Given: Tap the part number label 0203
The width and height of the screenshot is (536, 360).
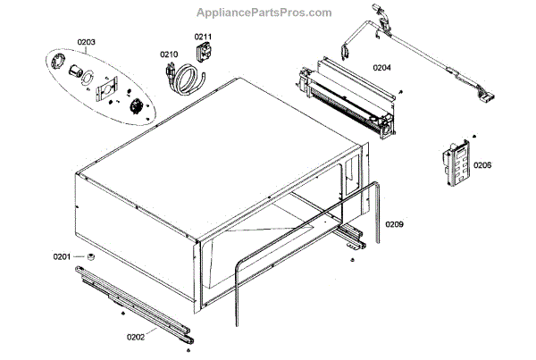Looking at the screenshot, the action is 86,41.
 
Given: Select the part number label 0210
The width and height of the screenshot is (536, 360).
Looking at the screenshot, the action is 169,54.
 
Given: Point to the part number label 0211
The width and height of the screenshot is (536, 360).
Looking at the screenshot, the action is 203,36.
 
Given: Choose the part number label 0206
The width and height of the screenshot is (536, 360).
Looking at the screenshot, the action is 482,165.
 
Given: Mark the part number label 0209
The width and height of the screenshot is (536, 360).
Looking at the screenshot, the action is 395,223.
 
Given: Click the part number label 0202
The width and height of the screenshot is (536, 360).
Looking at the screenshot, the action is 137,337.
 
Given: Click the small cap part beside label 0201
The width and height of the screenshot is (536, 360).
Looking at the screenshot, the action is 90,258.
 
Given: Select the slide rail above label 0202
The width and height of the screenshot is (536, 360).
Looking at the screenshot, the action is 134,305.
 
